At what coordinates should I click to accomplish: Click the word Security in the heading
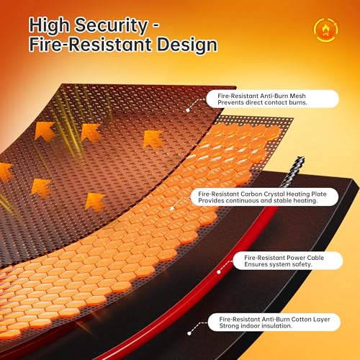point(111,26)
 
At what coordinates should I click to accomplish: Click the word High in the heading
point(49,26)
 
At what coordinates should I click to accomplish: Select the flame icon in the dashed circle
point(325,30)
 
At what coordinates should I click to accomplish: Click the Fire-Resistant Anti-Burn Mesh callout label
point(272,99)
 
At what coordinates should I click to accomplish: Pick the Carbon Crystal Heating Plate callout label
point(264,197)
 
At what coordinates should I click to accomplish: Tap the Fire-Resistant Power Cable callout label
point(288,261)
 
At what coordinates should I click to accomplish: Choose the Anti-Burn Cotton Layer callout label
point(274,323)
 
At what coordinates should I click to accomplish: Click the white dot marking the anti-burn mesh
point(188,110)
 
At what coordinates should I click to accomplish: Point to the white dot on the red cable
point(219,272)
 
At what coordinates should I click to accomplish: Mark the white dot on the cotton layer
point(189,333)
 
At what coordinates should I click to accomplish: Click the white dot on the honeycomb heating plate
point(172,208)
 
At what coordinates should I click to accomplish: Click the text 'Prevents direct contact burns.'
point(262,102)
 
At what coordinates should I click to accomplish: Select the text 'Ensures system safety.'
point(278,264)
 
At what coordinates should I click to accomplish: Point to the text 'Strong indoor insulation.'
point(256,326)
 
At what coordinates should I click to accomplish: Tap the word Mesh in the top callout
point(297,96)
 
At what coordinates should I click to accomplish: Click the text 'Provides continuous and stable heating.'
point(258,201)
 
